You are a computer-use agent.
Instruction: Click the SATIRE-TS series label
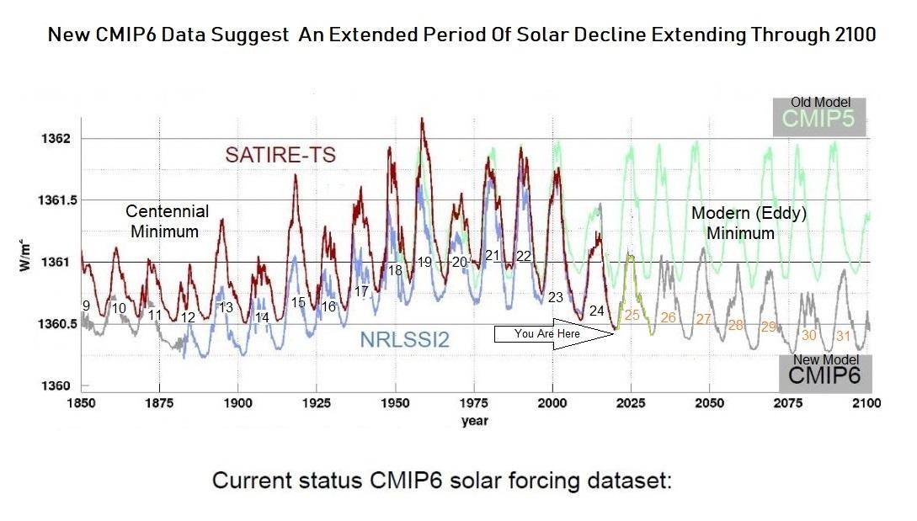point(280,155)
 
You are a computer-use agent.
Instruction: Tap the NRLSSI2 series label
point(403,340)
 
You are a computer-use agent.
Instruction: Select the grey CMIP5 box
point(818,118)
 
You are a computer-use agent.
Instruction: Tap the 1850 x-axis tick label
point(82,403)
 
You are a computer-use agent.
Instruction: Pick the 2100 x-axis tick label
point(866,403)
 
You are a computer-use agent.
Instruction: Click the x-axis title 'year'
point(474,421)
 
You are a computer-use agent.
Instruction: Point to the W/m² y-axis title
point(24,263)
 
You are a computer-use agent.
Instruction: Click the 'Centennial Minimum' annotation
point(168,221)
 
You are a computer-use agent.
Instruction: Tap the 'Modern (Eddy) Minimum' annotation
point(749,223)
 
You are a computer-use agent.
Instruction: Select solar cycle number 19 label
point(424,263)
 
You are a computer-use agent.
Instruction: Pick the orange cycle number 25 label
point(632,315)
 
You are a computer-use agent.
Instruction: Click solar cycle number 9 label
point(85,306)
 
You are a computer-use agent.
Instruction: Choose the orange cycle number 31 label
point(843,336)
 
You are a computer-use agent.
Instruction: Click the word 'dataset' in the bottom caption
point(626,481)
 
